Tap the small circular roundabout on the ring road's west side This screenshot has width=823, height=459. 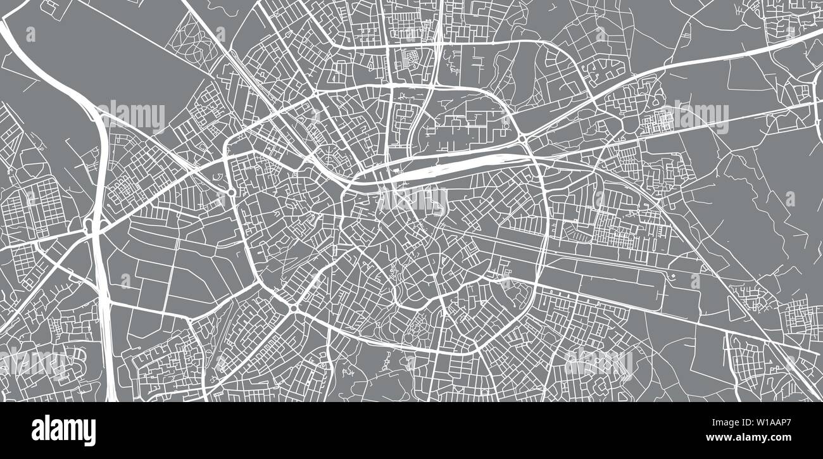232,192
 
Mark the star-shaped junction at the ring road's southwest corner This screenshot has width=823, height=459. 293,309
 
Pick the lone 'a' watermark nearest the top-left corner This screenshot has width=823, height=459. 30,35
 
